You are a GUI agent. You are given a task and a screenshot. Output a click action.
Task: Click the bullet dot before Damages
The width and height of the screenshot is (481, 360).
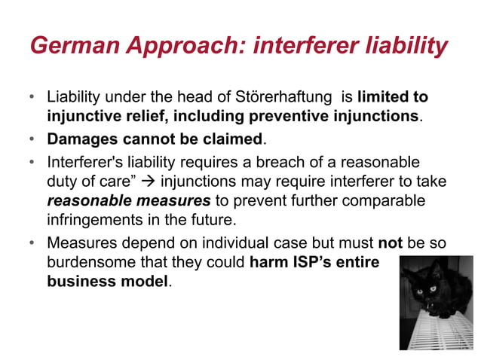coord(32,139)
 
